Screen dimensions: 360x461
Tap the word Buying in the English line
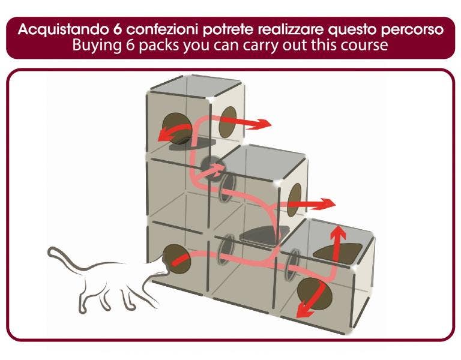pos(93,46)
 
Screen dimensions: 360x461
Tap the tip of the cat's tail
pos(50,253)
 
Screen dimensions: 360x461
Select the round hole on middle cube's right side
pos(294,200)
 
